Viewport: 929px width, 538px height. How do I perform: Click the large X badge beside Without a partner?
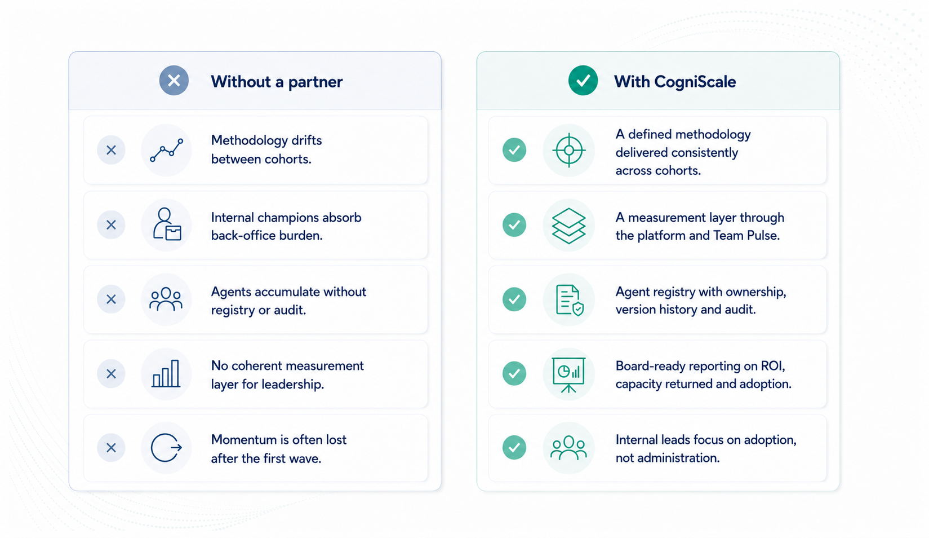point(174,81)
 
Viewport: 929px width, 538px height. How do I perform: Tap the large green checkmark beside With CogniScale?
point(583,81)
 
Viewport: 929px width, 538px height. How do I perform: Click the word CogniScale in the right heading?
point(695,82)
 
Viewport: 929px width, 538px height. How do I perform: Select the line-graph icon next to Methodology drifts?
point(166,150)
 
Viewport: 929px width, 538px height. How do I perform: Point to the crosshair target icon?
point(568,150)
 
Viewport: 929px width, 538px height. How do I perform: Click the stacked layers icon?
point(568,226)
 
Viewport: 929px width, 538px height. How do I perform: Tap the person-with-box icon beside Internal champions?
point(167,224)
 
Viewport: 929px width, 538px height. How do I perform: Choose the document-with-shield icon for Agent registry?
point(570,299)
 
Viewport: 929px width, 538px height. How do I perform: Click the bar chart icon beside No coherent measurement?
point(166,373)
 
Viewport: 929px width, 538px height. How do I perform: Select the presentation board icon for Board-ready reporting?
point(568,374)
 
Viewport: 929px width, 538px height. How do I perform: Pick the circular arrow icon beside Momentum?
point(166,448)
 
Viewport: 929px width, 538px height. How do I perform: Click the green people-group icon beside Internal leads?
point(568,448)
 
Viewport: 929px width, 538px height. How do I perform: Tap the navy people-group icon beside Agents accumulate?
point(166,299)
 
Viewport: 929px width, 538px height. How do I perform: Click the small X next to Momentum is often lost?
point(111,448)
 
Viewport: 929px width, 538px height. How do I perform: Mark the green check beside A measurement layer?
point(514,225)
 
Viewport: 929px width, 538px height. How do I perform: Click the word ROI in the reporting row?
point(772,366)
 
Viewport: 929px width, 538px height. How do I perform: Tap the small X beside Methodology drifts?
point(111,150)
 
